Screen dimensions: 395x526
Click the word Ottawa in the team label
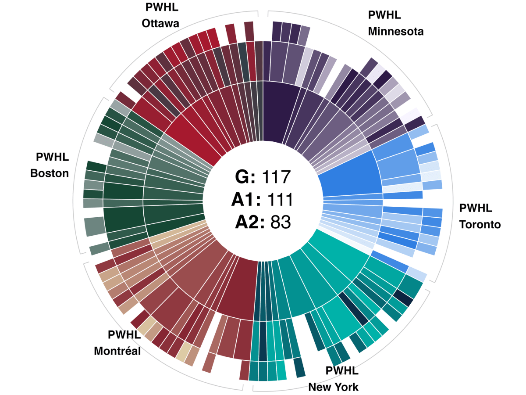click(x=160, y=23)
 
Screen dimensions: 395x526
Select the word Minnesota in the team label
click(x=395, y=32)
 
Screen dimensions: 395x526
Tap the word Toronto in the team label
click(x=480, y=225)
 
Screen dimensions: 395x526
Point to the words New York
click(x=333, y=387)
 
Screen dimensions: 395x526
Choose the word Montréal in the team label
click(x=117, y=351)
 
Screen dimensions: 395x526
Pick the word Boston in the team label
click(x=50, y=173)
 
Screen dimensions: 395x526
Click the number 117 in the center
click(x=276, y=177)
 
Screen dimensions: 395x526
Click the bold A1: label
click(x=245, y=200)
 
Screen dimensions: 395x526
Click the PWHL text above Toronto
click(x=476, y=208)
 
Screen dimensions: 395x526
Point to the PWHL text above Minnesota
click(x=385, y=15)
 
